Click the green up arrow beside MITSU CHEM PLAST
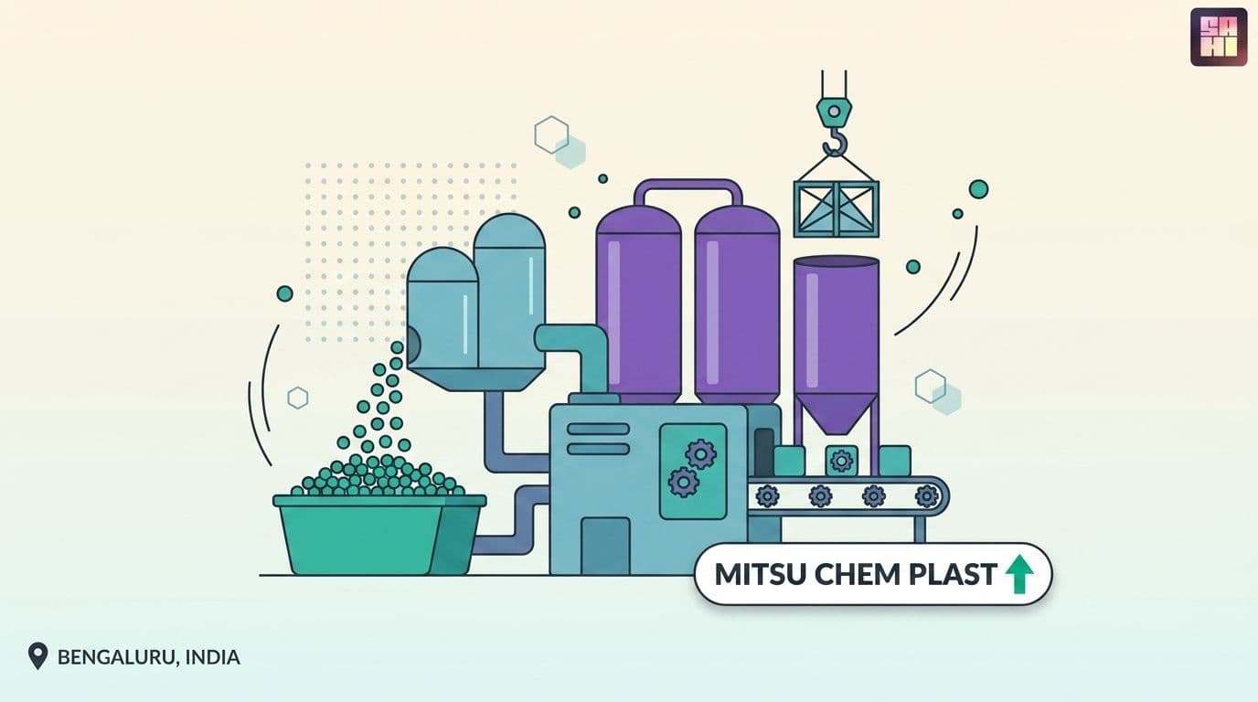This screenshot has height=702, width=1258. pos(1018,574)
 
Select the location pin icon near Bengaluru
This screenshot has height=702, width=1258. pos(37,656)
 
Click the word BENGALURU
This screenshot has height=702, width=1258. pos(117,657)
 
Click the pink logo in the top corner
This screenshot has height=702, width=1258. pos(1219,37)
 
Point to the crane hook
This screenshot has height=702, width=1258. pos(835,141)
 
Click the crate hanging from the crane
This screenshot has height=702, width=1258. pos(837,208)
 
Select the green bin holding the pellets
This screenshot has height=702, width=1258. pos(379,534)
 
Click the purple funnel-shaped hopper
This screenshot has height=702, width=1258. pos(837,345)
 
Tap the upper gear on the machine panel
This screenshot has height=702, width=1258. pos(701,453)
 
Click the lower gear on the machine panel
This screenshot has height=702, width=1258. pos(684,482)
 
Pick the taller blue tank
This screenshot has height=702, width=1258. pos(509,291)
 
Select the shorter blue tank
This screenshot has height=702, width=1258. pos(442,308)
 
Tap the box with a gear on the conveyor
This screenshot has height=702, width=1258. pos(841,461)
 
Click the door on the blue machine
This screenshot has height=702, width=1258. pos(605,546)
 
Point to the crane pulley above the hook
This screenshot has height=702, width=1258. pos(834,112)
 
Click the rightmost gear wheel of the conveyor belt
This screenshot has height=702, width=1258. pos(927,496)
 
